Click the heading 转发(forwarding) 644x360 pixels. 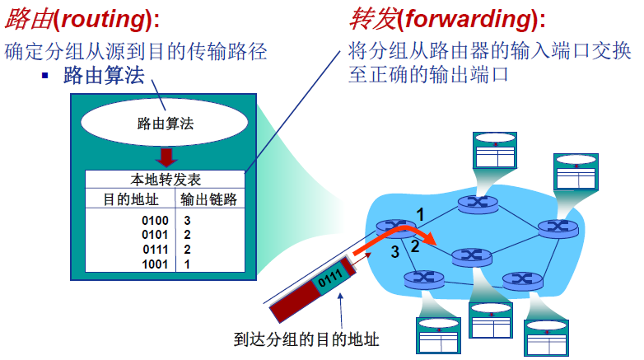(x=448, y=18)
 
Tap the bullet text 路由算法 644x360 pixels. (x=103, y=77)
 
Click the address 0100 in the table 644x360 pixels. (x=155, y=221)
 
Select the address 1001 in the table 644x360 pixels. (x=155, y=264)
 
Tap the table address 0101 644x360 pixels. (x=155, y=236)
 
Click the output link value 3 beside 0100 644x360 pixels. (x=188, y=221)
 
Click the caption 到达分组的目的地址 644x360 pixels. (x=306, y=339)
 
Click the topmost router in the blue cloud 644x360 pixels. (x=475, y=202)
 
